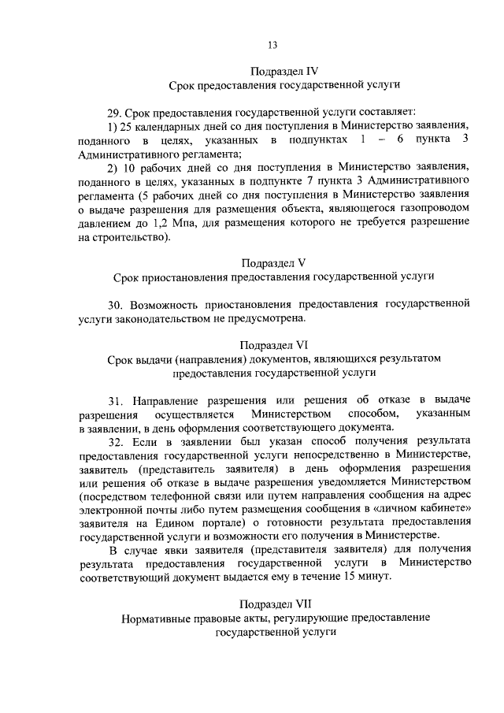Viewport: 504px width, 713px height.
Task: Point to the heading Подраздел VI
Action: click(x=273, y=345)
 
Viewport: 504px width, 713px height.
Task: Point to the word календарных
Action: click(x=166, y=125)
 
